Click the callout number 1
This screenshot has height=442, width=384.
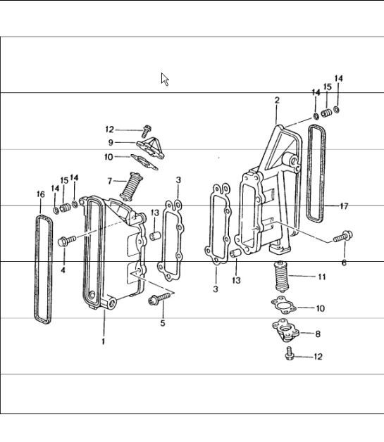tap(103, 342)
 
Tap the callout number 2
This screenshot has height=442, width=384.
tap(278, 101)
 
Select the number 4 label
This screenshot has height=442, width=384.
tap(63, 270)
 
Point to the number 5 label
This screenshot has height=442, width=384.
tap(163, 324)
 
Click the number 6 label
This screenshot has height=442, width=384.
tap(344, 263)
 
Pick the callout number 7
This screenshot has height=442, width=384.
tap(110, 181)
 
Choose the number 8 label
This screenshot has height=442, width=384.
tap(318, 335)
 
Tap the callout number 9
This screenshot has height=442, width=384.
tap(110, 143)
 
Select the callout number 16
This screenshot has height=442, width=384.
tap(40, 194)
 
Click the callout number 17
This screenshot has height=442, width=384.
tap(344, 206)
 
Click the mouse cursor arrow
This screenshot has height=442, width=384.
tap(165, 79)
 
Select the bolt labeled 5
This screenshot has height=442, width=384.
tap(155, 301)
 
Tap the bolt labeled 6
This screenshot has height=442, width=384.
tap(345, 236)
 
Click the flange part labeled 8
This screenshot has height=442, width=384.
tap(287, 330)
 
